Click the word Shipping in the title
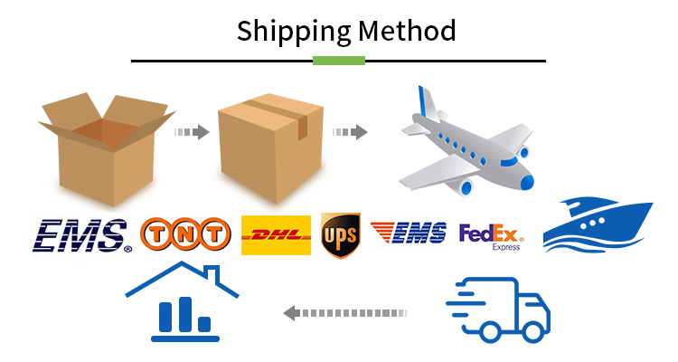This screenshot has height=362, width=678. click(294, 32)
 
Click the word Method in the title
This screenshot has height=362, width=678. click(407, 30)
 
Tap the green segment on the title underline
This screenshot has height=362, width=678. click(339, 61)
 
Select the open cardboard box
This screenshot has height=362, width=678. click(107, 148)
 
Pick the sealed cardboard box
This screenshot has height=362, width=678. click(271, 148)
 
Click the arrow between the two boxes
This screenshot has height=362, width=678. click(192, 131)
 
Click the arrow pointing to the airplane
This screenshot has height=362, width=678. click(350, 131)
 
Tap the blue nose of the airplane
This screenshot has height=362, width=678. click(528, 182)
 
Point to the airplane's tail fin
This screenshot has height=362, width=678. click(427, 102)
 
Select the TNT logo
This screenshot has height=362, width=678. click(185, 234)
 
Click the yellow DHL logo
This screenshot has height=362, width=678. click(276, 235)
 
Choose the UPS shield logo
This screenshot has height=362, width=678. click(341, 235)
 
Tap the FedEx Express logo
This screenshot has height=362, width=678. click(491, 237)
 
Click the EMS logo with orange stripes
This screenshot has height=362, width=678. click(409, 233)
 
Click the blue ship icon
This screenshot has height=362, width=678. click(598, 225)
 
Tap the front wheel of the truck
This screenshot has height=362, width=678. click(532, 332)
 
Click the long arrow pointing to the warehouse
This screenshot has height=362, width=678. click(345, 312)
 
